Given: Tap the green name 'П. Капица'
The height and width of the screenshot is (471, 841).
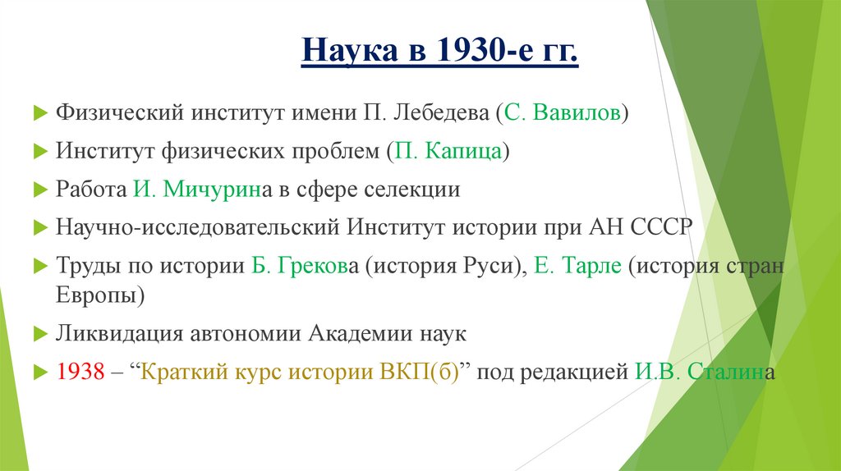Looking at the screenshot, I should tap(448, 151).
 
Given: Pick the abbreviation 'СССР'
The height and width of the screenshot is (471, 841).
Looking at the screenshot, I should tap(661, 227).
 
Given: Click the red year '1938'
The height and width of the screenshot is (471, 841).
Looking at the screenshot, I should tap(80, 372).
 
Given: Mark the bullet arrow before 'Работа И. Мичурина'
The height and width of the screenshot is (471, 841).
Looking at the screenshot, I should tap(39, 190).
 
